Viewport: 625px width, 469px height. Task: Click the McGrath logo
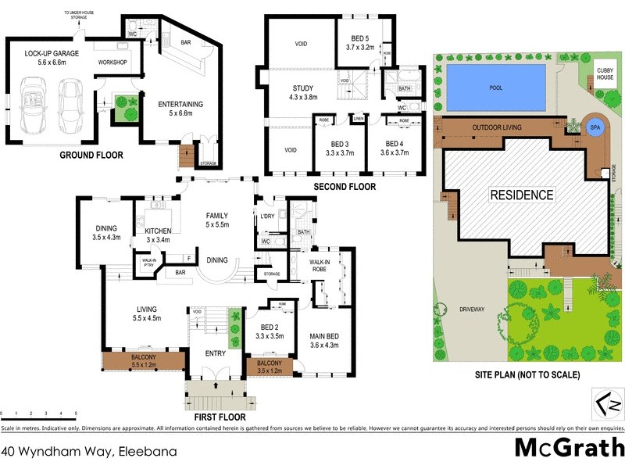click(x=569, y=449)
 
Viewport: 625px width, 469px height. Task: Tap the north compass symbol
click(x=608, y=403)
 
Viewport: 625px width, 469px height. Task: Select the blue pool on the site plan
click(x=495, y=88)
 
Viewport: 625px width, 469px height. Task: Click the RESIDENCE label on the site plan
click(x=522, y=195)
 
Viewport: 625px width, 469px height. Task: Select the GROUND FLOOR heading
click(x=91, y=155)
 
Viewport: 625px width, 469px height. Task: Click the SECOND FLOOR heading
click(x=345, y=187)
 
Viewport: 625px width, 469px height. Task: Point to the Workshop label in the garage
click(x=112, y=62)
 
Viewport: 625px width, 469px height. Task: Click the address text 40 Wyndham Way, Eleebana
click(x=88, y=451)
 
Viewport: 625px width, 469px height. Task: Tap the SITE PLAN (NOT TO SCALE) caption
click(x=527, y=375)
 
